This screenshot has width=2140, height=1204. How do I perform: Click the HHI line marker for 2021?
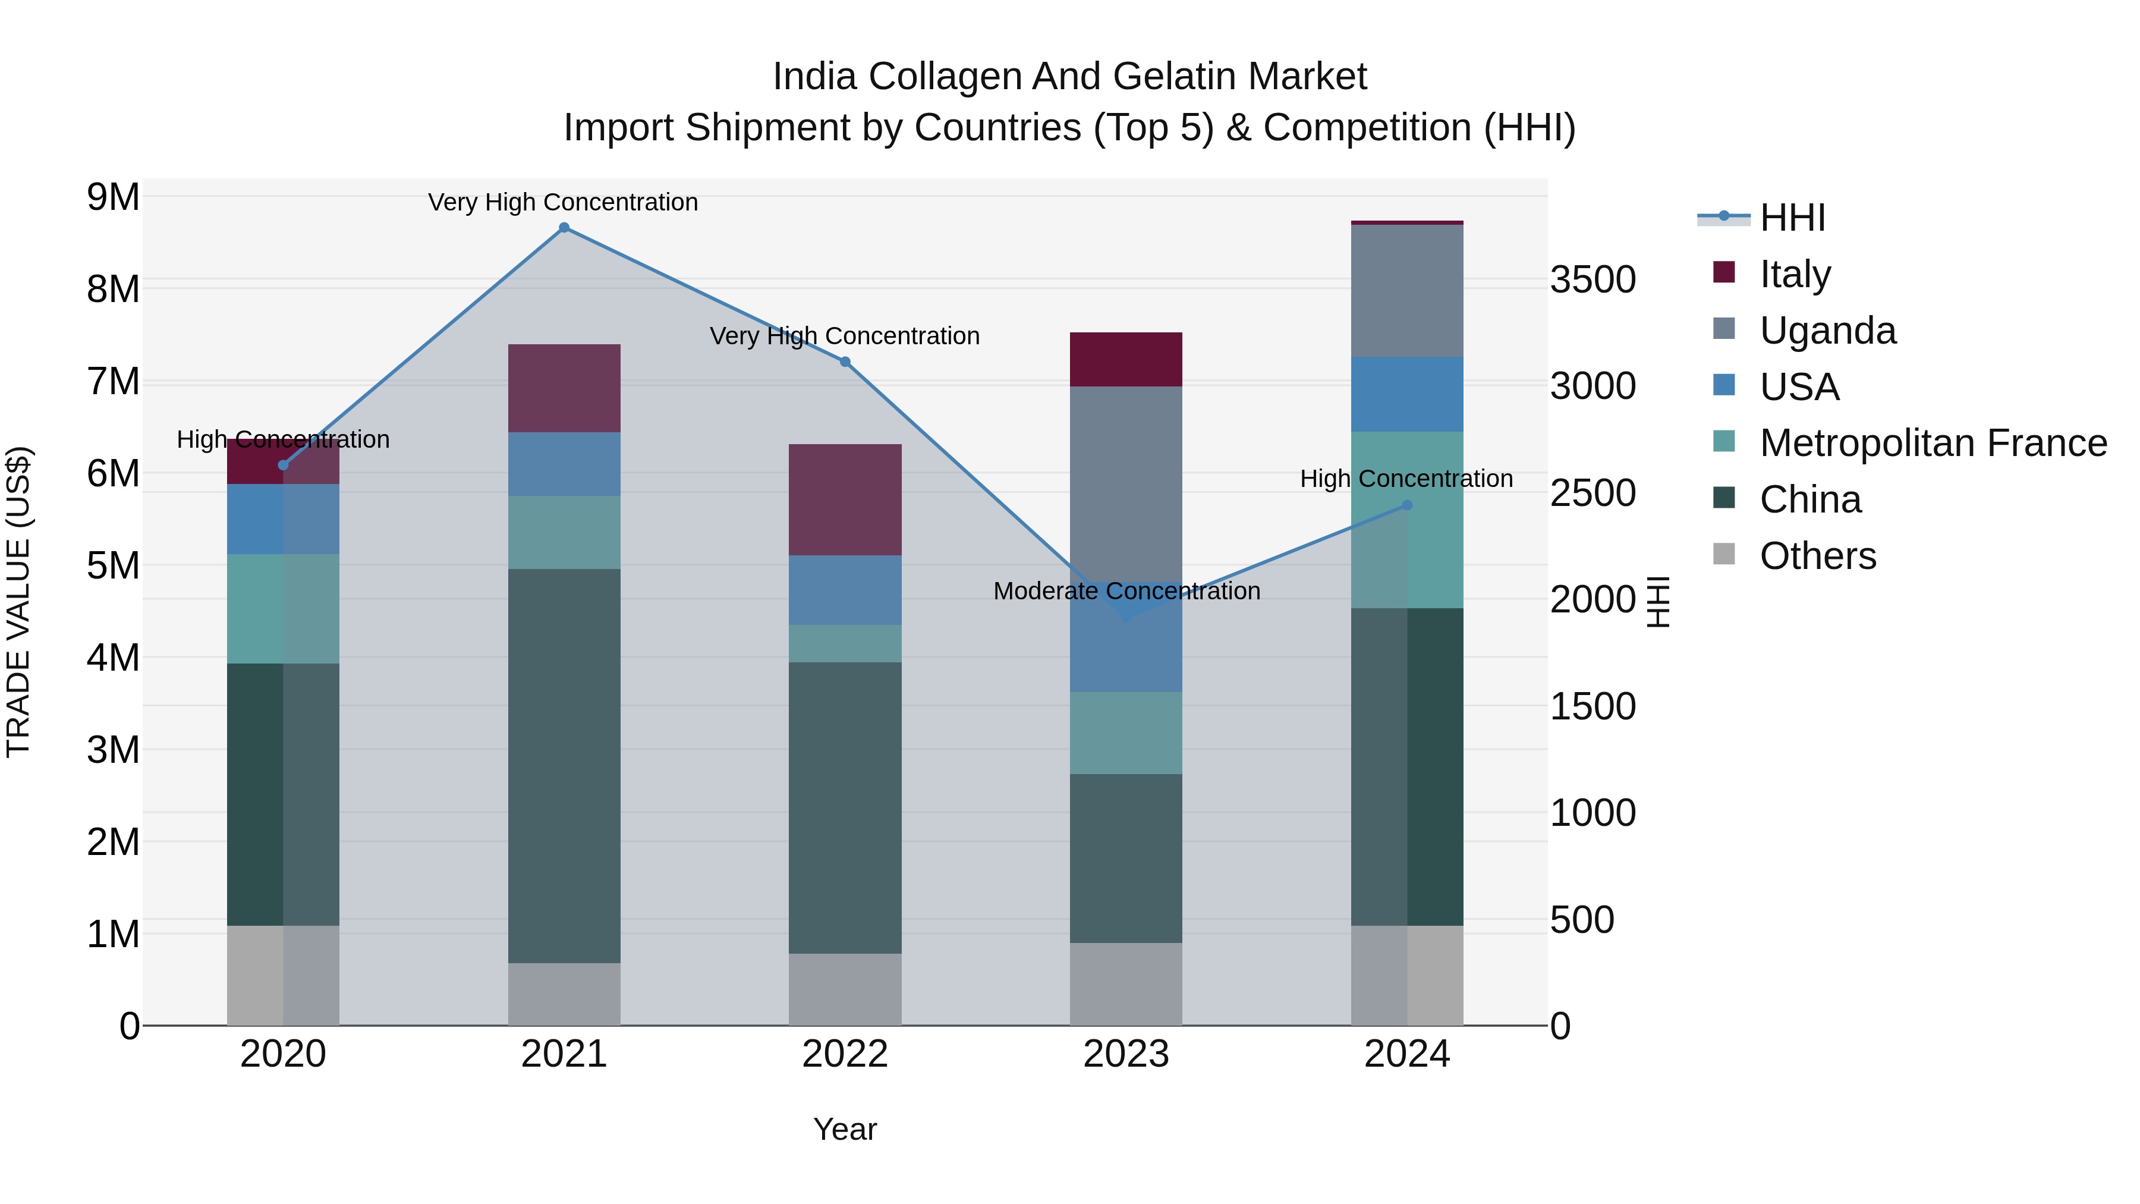[564, 228]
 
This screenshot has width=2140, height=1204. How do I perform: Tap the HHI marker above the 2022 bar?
[845, 361]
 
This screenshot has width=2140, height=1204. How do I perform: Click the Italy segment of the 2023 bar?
[1126, 359]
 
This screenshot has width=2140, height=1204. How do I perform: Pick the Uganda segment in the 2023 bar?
[1126, 482]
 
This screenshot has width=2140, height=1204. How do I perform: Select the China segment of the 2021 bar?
[564, 765]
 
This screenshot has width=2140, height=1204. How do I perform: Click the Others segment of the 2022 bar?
[845, 989]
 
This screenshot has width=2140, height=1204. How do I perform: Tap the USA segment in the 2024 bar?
[1406, 394]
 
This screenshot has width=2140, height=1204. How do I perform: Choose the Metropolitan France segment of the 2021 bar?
[564, 532]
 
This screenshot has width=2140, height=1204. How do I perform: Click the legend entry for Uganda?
[1828, 331]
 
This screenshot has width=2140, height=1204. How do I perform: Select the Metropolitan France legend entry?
[1933, 443]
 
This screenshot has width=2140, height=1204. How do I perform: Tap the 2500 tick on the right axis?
[1593, 493]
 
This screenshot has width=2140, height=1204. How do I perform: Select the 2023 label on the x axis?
[1126, 1054]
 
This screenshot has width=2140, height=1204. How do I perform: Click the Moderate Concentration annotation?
[1126, 591]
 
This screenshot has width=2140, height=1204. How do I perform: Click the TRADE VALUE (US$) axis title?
[18, 602]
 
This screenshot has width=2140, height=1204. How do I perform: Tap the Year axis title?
[845, 1129]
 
